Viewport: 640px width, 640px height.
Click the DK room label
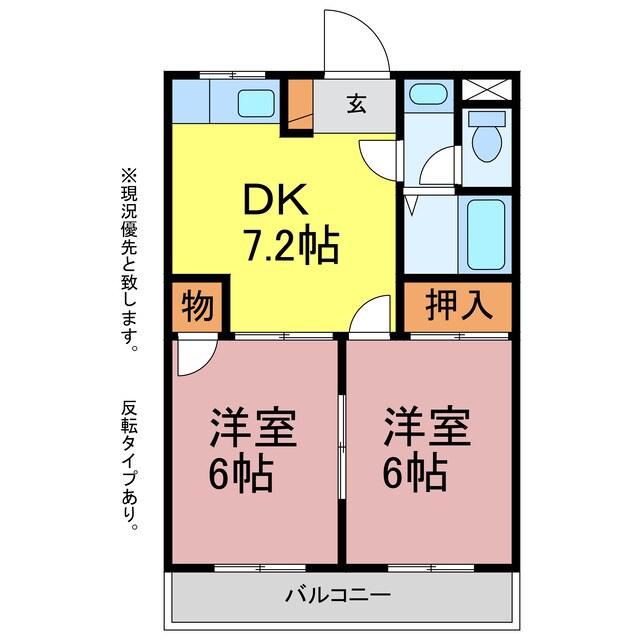click(275, 199)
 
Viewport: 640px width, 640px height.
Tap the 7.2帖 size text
click(291, 247)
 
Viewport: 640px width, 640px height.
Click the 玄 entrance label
click(356, 104)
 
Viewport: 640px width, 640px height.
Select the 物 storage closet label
click(198, 306)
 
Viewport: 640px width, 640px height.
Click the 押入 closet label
click(458, 304)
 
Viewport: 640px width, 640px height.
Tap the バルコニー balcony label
click(338, 596)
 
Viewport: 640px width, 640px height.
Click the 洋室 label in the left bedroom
click(253, 426)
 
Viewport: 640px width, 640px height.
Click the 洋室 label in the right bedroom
click(427, 426)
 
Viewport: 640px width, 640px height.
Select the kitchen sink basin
click(256, 103)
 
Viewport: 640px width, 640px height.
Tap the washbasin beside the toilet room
click(428, 94)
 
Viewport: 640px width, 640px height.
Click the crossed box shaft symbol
click(487, 89)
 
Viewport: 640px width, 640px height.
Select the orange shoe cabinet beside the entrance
click(300, 104)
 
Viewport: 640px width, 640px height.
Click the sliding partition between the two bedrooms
click(342, 447)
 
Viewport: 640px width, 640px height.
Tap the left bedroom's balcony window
click(260, 568)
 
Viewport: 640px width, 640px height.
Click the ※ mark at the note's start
click(129, 177)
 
